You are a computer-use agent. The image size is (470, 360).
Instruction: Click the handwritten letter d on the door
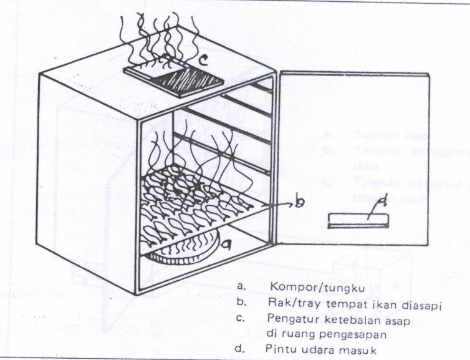click(x=368, y=202)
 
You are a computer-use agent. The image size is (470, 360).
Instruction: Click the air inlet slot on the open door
click(x=358, y=220)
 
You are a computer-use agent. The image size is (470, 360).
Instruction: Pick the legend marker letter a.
click(x=241, y=286)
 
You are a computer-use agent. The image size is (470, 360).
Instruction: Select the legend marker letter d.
click(x=241, y=349)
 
